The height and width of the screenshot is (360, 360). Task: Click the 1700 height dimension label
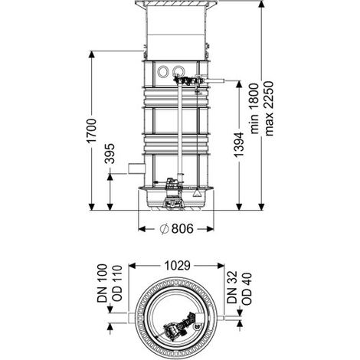[x=92, y=130]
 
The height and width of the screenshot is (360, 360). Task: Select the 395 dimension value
[x=110, y=153]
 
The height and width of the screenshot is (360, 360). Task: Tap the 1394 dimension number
[x=239, y=144]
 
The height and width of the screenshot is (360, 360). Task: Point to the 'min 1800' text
[x=254, y=108]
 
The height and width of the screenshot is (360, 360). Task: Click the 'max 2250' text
[x=269, y=108]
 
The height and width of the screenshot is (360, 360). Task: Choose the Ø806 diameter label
[x=176, y=228]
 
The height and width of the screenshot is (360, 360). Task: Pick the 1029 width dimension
[x=177, y=266]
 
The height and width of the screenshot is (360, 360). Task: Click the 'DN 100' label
[x=103, y=283]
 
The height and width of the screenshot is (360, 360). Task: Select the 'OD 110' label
[x=116, y=283]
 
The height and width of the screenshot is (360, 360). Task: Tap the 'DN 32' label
[x=232, y=287]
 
